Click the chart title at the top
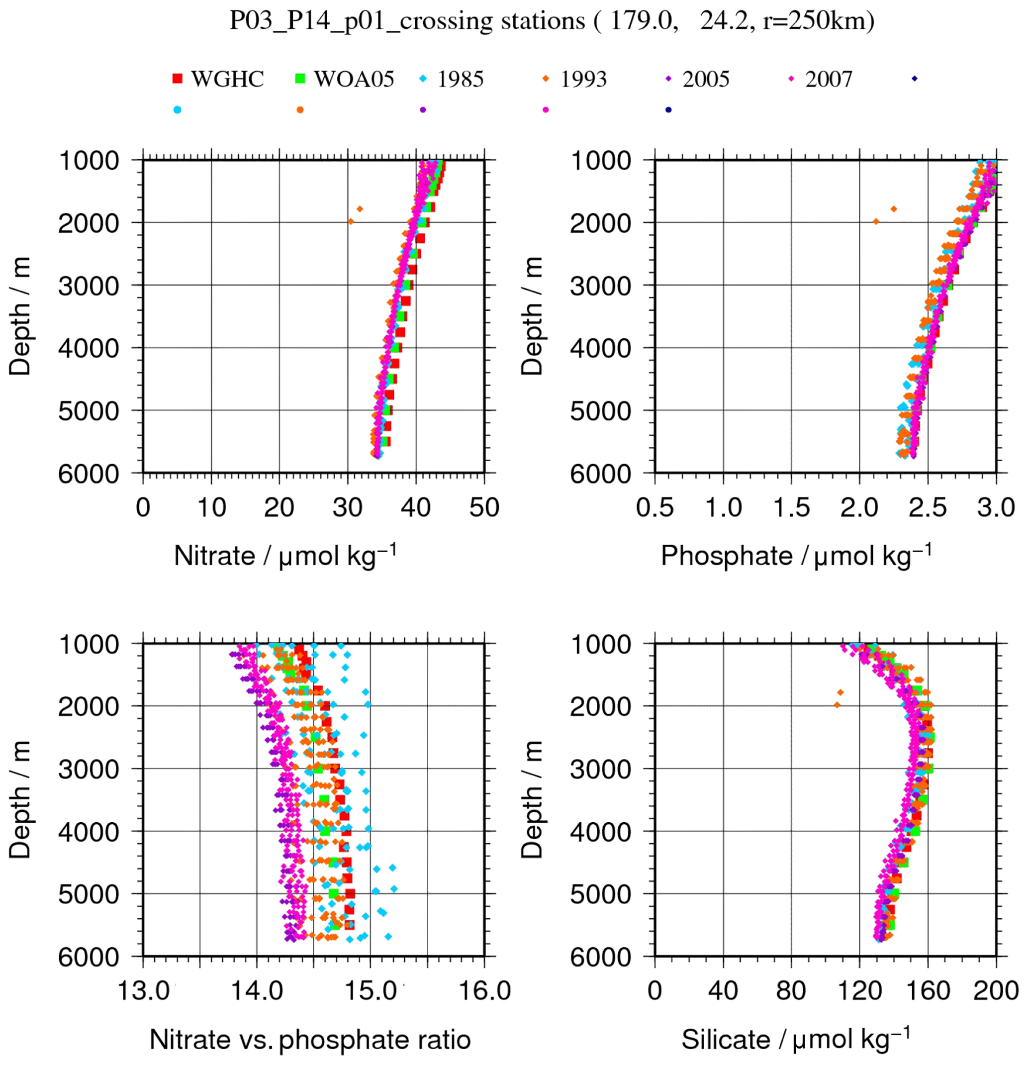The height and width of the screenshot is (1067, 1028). (551, 21)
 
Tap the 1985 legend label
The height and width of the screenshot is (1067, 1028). (460, 80)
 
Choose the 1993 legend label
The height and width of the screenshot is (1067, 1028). (583, 80)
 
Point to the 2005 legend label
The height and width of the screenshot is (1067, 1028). (705, 80)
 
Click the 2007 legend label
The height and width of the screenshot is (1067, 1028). (828, 80)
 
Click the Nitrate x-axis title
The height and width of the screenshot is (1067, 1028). (285, 556)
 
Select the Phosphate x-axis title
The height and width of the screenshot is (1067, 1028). (796, 556)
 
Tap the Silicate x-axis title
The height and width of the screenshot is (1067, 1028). (796, 1039)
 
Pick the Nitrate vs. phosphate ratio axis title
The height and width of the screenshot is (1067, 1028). (310, 1039)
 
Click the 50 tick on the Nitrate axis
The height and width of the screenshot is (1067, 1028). (484, 508)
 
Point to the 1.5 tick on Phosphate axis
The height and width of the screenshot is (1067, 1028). (791, 508)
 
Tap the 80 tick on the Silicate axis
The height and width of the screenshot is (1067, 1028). (791, 991)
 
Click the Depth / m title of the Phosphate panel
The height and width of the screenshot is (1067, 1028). (532, 316)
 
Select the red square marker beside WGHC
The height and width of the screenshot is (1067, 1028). (178, 79)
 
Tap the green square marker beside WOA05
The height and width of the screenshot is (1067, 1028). (300, 79)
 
